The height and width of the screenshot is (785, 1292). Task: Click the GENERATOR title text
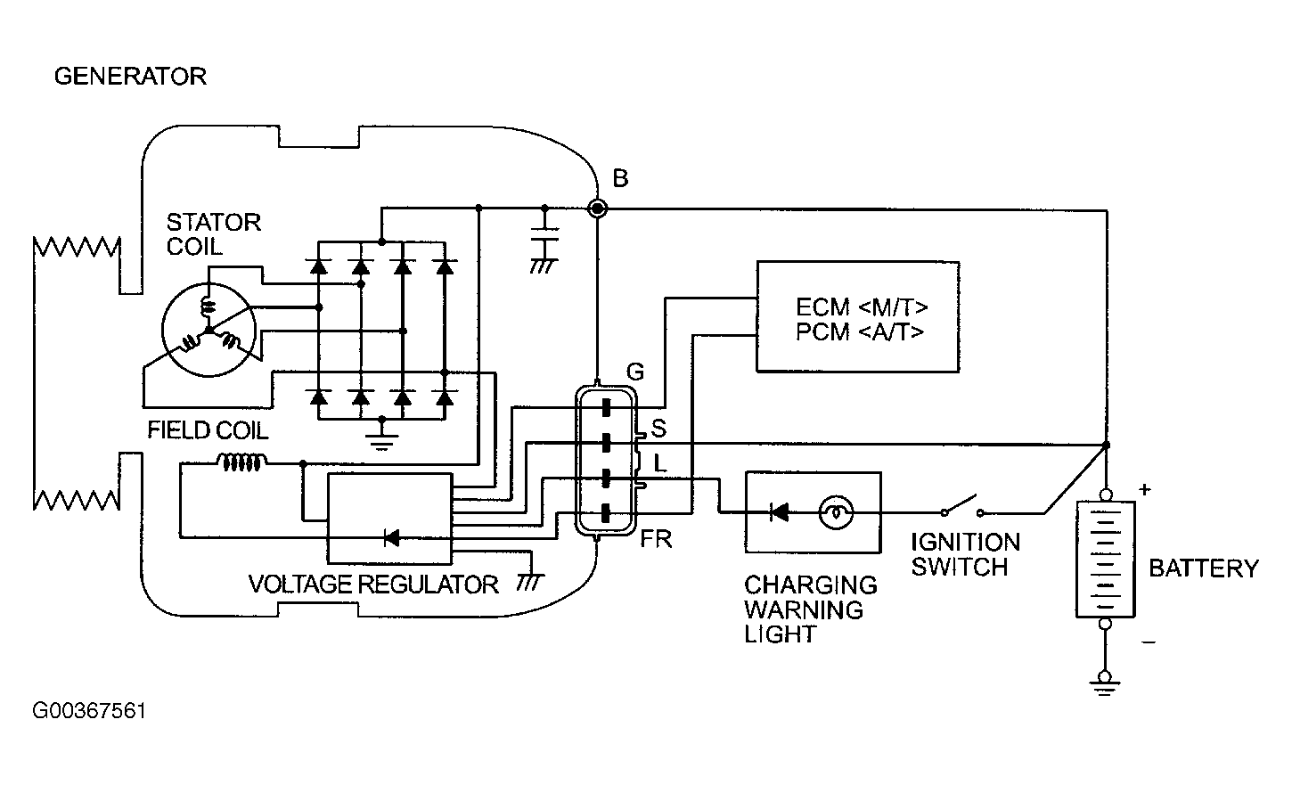[x=130, y=76]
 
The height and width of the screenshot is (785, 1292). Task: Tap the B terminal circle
[x=597, y=208]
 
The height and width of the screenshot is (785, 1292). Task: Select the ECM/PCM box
[x=858, y=316]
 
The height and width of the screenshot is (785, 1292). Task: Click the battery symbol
[x=1105, y=560]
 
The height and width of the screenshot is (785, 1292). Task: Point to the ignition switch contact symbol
[x=962, y=505]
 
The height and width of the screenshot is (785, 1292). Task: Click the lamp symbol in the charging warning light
[x=836, y=511]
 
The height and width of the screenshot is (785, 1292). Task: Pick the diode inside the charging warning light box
[x=780, y=511]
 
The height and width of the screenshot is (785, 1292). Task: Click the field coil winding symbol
[x=241, y=462]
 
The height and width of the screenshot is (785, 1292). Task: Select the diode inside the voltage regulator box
[x=392, y=538]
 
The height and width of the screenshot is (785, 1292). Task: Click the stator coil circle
[x=209, y=330]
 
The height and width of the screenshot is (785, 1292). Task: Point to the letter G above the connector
[x=634, y=372]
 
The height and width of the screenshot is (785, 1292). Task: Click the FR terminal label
[x=657, y=539]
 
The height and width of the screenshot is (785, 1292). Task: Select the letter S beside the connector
[x=658, y=429]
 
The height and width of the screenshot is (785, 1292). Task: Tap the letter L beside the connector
[x=659, y=462]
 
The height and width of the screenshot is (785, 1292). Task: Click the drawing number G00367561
[x=89, y=711]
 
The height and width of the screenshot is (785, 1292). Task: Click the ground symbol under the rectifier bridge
[x=381, y=437]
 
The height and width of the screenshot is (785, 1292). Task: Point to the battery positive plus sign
[x=1145, y=490]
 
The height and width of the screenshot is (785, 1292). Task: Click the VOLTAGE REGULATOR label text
[x=373, y=585]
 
